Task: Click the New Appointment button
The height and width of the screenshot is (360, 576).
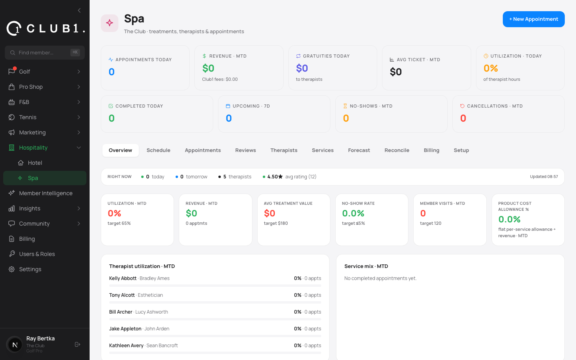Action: pos(534,19)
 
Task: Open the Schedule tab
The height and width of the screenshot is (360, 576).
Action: pos(158,150)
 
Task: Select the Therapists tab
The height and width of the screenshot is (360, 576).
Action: pos(284,150)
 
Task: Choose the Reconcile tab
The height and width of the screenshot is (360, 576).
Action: pos(397,150)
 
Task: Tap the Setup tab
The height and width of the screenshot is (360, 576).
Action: pos(461,150)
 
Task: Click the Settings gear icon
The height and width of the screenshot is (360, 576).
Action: pos(12,269)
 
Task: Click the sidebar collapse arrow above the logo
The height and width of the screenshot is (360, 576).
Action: pos(79,10)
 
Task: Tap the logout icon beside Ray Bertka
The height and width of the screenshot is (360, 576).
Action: pos(78,344)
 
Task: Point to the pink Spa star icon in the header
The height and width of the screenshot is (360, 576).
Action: pos(110,23)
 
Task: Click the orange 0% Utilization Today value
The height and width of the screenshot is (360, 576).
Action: pos(491,68)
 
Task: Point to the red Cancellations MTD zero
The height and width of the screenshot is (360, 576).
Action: pos(463,118)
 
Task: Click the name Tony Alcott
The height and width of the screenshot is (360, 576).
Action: pos(122,295)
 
